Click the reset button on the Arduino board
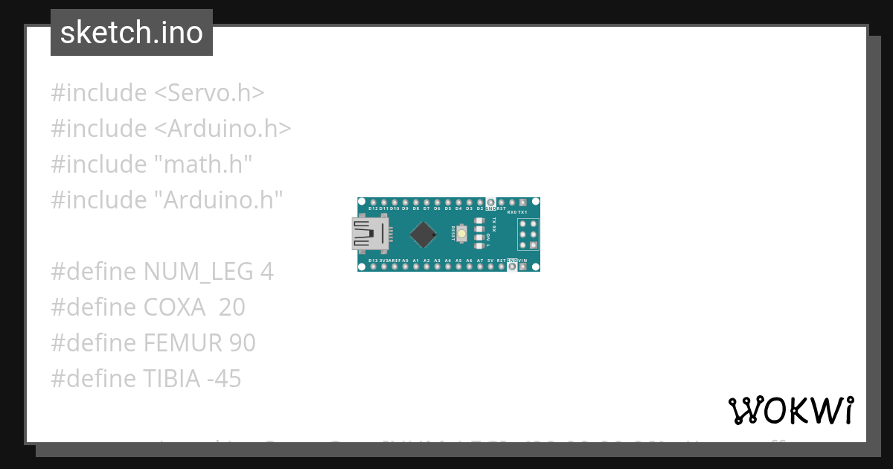[462, 234]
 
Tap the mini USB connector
[370, 234]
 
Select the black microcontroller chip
[423, 234]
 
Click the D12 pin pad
[373, 202]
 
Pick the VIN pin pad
[522, 267]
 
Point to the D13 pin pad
[373, 267]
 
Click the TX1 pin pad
[522, 202]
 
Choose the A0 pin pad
[405, 267]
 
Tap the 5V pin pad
[490, 267]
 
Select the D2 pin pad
[480, 202]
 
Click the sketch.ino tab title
[132, 33]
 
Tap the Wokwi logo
[791, 410]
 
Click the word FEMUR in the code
[179, 343]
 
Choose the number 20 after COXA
[231, 307]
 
